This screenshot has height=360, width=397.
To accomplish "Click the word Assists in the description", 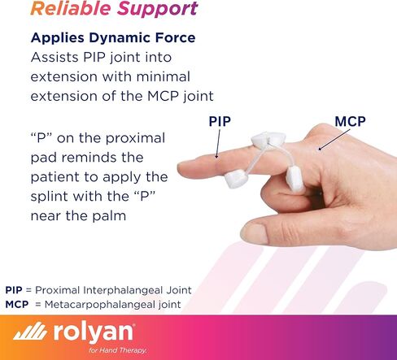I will pos(59,59).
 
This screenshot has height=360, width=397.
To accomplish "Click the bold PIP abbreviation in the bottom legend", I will pos(14,290).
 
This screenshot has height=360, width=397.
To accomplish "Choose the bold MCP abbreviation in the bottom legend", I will pos(16,305).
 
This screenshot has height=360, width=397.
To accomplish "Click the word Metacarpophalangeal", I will pos(101,305).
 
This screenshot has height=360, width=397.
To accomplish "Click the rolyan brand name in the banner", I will pos(99,333).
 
